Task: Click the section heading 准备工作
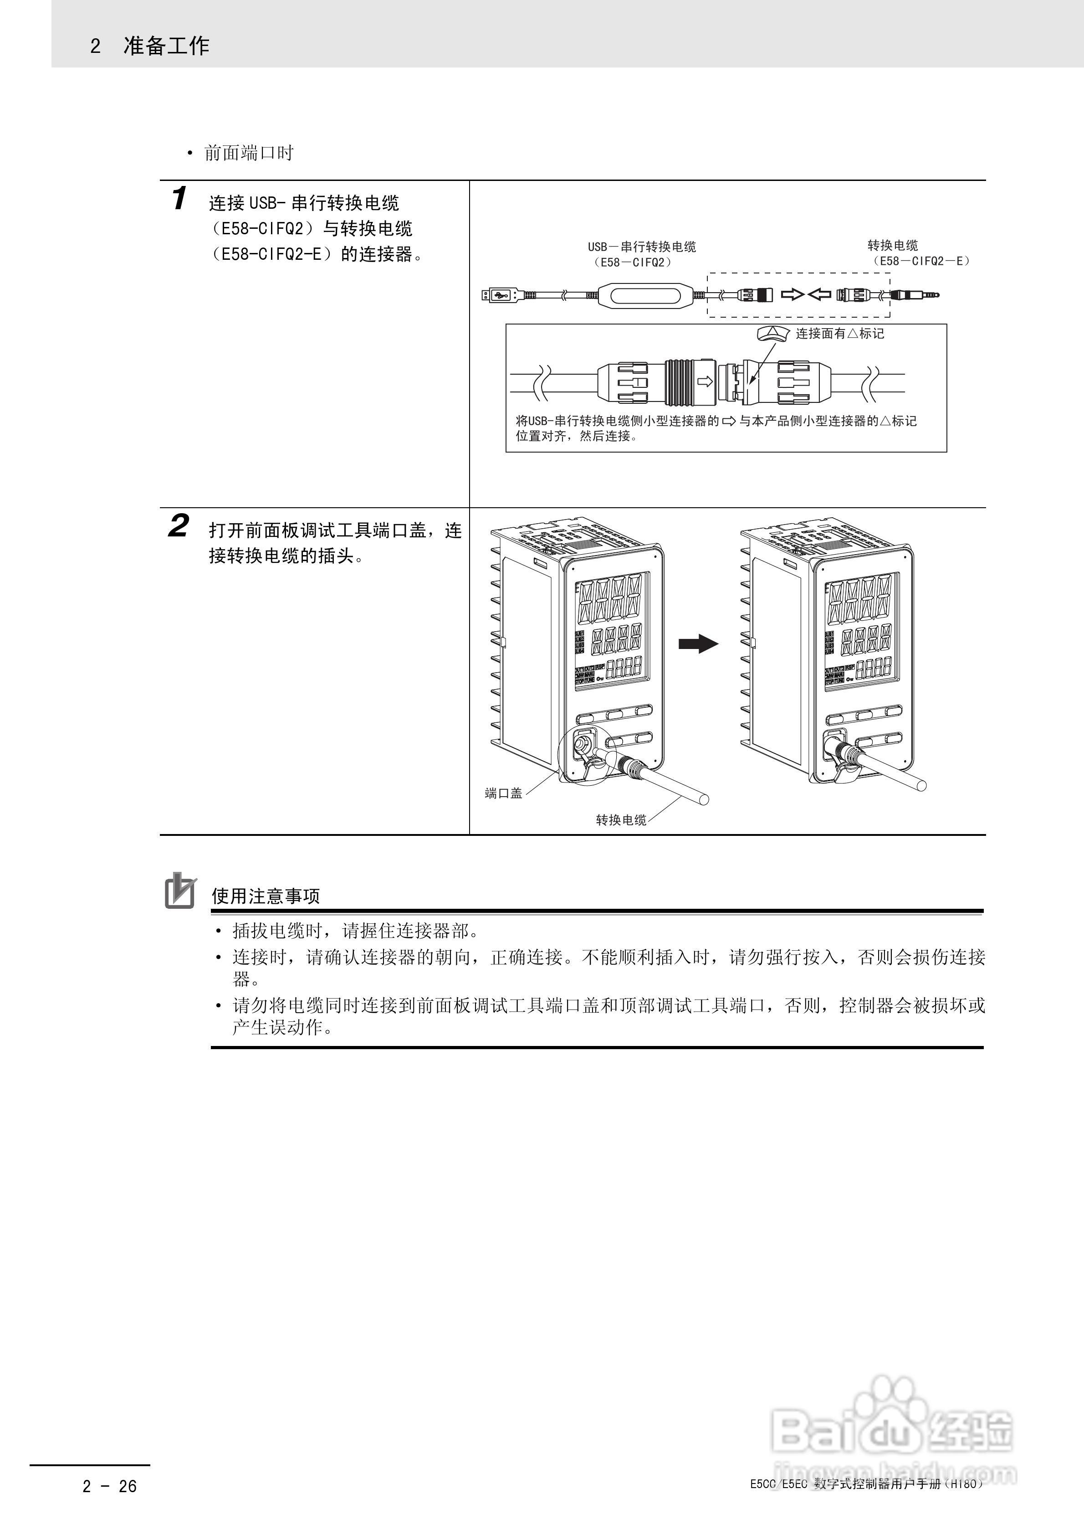point(166,46)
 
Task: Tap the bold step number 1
point(179,199)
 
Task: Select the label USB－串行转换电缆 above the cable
point(642,247)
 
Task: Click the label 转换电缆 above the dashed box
point(892,245)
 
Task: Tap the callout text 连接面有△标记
point(839,333)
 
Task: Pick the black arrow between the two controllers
point(698,644)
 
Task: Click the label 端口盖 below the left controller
point(503,793)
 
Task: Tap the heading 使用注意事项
point(266,896)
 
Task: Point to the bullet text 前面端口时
point(249,153)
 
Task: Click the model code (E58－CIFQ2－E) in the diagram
point(921,262)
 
